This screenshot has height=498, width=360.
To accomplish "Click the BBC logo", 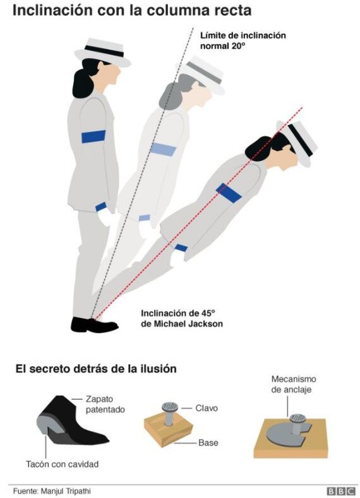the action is (341, 491).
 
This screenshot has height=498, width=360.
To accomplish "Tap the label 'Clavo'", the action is (207, 408).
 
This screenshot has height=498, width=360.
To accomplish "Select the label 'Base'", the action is (208, 442).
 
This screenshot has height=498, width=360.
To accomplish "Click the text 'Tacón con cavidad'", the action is (63, 465).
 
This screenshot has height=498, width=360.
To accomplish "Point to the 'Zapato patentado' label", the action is (105, 405).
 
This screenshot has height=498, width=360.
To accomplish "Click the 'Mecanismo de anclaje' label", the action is (294, 384).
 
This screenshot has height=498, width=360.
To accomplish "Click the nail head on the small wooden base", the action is (170, 406).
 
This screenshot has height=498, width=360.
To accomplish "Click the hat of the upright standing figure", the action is (102, 53).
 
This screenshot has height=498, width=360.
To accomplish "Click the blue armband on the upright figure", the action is (93, 136).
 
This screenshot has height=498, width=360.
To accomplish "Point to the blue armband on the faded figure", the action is (163, 149).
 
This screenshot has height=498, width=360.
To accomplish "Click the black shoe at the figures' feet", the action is (94, 325).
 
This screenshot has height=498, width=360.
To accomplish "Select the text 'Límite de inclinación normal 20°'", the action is (243, 40).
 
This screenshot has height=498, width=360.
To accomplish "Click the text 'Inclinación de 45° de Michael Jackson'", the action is (182, 319).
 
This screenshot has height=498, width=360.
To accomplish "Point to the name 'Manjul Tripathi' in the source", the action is (66, 491).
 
